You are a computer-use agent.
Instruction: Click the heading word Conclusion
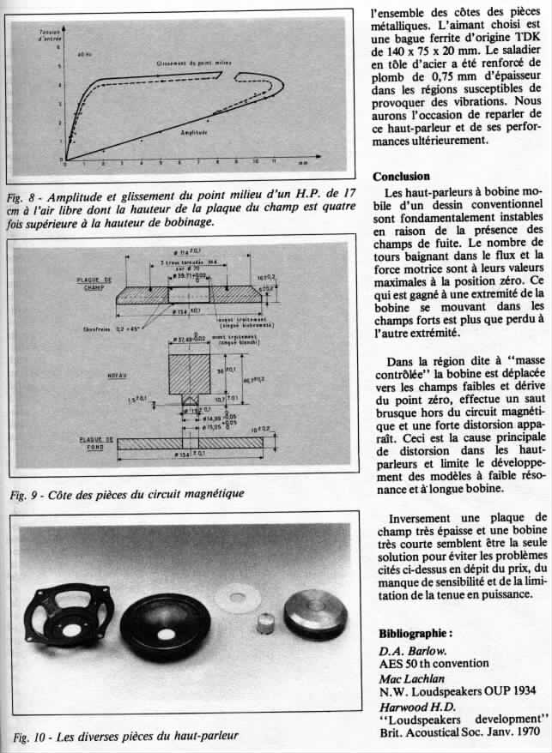(x=402, y=177)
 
